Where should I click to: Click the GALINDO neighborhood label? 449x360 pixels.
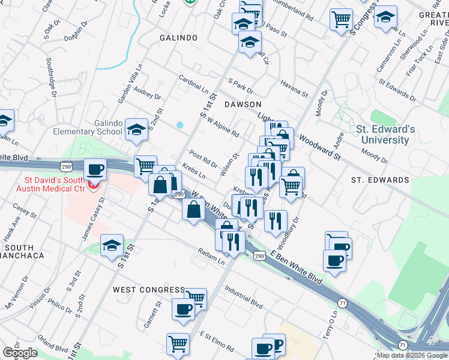pyautogui.click(x=178, y=38)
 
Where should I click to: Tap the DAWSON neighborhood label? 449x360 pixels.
pyautogui.click(x=243, y=104)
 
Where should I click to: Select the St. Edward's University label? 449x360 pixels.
pyautogui.click(x=385, y=134)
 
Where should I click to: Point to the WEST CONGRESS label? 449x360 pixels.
pyautogui.click(x=149, y=290)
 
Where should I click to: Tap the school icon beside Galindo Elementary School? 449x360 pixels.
pyautogui.click(x=136, y=130)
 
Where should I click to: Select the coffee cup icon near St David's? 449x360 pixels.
pyautogui.click(x=95, y=170)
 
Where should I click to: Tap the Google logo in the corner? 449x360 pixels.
pyautogui.click(x=20, y=353)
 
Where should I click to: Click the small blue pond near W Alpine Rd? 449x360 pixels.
pyautogui.click(x=179, y=125)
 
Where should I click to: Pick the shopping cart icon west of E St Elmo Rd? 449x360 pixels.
pyautogui.click(x=178, y=344)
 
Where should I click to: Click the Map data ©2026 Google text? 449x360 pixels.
pyautogui.click(x=411, y=355)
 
